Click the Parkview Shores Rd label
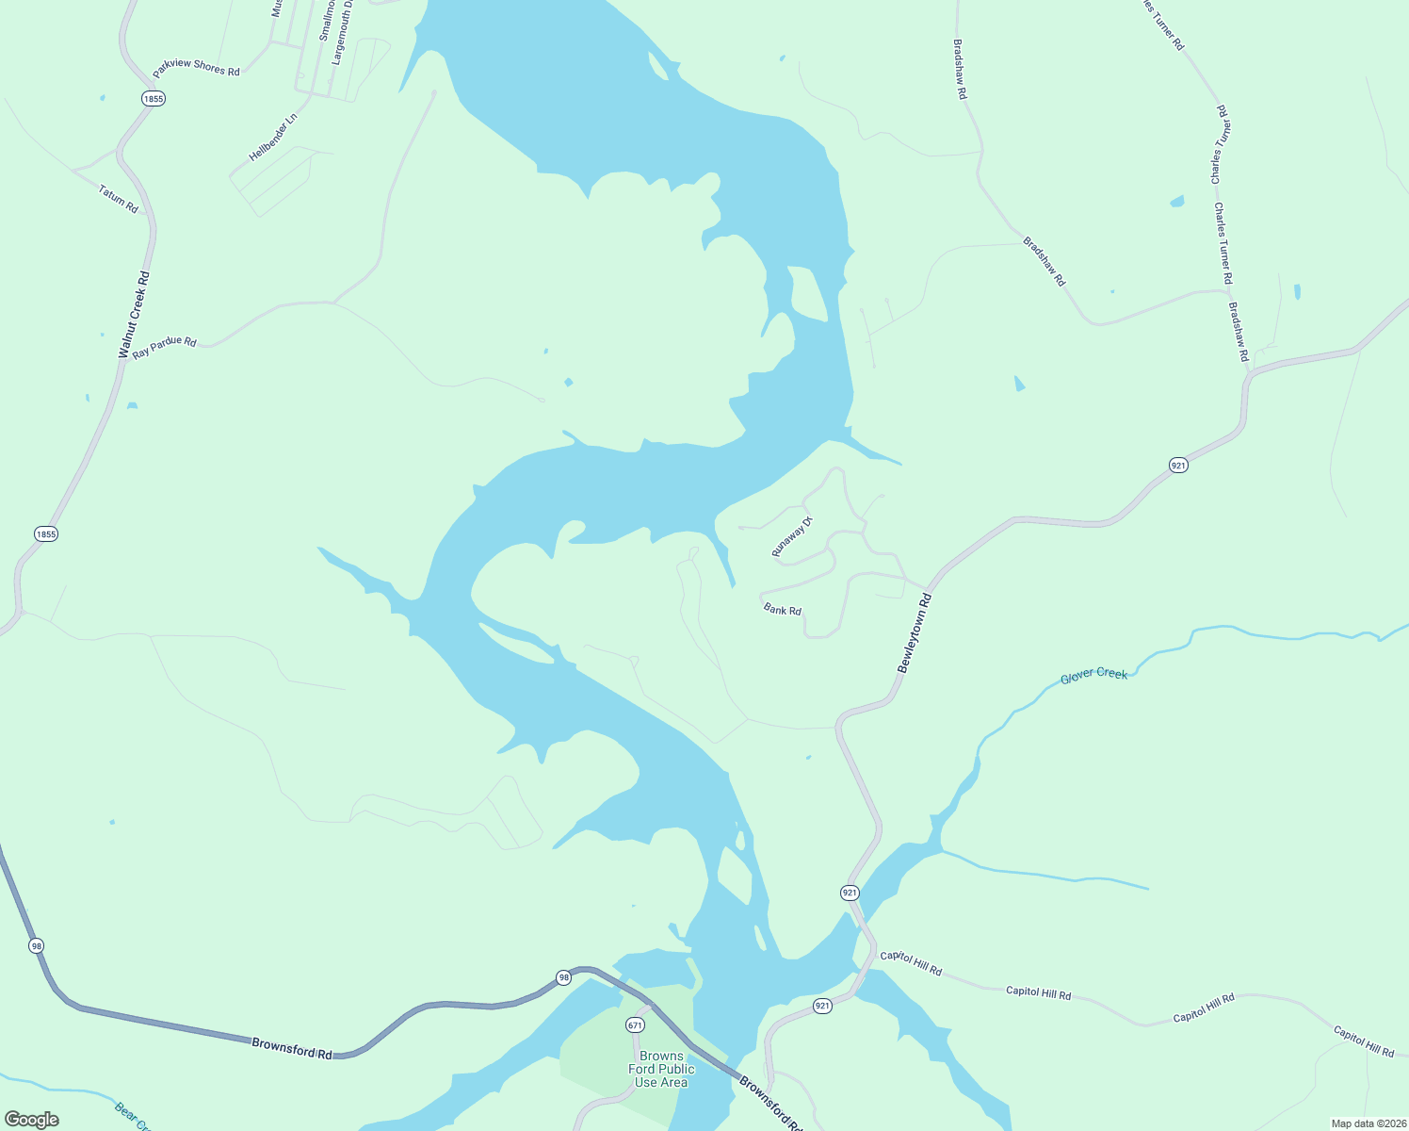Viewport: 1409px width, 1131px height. click(x=196, y=68)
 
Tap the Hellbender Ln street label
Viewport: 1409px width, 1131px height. click(x=272, y=138)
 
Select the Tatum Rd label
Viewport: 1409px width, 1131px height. click(x=119, y=198)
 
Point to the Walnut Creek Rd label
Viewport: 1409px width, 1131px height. click(x=134, y=315)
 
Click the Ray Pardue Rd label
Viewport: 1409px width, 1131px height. click(x=165, y=346)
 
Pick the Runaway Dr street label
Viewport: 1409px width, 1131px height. click(x=792, y=537)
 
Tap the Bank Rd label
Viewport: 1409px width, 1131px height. click(x=782, y=611)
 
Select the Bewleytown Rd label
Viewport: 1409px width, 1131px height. click(x=914, y=632)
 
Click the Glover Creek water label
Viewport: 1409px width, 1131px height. click(x=1093, y=675)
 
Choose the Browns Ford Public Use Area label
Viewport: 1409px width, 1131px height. click(x=661, y=1069)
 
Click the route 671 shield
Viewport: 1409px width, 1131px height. click(x=635, y=1024)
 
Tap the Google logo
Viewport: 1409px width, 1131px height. click(x=31, y=1120)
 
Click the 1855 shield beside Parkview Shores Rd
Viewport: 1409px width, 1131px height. click(x=154, y=98)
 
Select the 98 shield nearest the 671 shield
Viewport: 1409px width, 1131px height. click(x=563, y=977)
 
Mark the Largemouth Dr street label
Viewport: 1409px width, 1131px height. click(x=341, y=32)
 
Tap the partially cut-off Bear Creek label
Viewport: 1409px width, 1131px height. click(x=133, y=1115)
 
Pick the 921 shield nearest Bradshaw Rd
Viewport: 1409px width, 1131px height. click(x=1178, y=465)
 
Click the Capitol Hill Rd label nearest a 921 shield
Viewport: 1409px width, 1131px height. click(x=910, y=962)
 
